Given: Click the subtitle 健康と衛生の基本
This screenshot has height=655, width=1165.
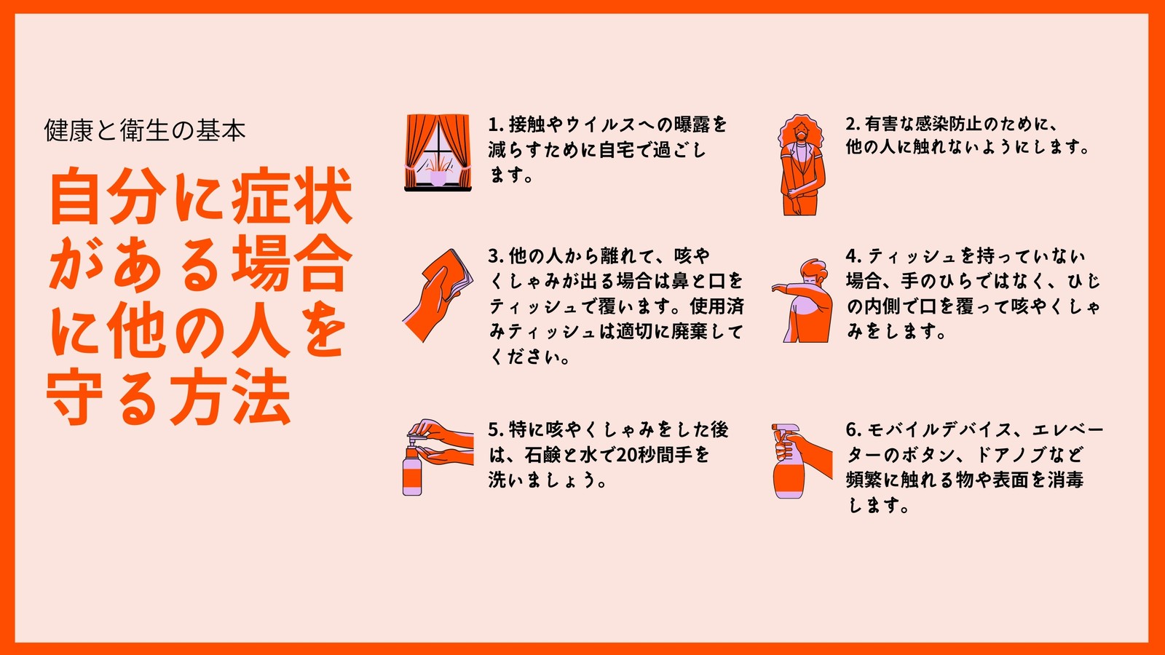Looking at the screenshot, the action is click(145, 130).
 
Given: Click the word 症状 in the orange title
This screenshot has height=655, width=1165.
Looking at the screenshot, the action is click(292, 196).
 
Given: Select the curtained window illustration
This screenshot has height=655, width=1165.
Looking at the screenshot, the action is click(438, 153).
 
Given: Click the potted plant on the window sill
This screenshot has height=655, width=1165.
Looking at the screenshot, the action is click(438, 172).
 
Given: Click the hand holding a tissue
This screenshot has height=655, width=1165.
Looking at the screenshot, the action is click(438, 295).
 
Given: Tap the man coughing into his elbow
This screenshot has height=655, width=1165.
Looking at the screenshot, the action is click(802, 301).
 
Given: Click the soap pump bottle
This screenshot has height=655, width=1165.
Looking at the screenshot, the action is click(412, 467).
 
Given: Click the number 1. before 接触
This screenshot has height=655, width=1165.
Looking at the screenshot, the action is click(496, 124).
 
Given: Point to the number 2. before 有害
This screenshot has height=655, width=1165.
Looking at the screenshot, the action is click(853, 124).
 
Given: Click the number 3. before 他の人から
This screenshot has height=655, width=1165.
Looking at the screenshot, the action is click(496, 255).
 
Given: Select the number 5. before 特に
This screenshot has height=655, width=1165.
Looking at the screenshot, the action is click(496, 429).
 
